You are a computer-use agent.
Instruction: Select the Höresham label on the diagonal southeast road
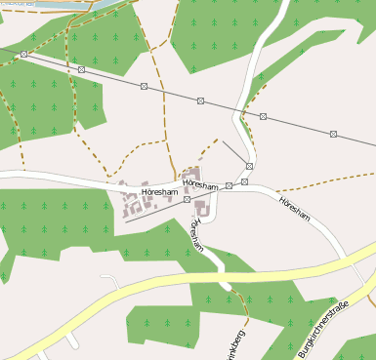pyautogui.click(x=294, y=209)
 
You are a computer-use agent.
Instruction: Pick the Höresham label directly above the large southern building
pyautogui.click(x=199, y=183)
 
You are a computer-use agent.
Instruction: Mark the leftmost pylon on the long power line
pyautogui.click(x=23, y=55)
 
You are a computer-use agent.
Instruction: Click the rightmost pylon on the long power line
pyautogui.click(x=333, y=133)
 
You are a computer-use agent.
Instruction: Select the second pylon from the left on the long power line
pyautogui.click(x=81, y=70)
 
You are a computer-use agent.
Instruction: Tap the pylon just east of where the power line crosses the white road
pyautogui.click(x=263, y=116)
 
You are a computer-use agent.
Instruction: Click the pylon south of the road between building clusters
pyautogui.click(x=187, y=199)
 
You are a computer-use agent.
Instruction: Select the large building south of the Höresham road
pyautogui.click(x=202, y=207)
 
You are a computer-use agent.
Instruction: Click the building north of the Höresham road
pyautogui.click(x=189, y=174)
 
